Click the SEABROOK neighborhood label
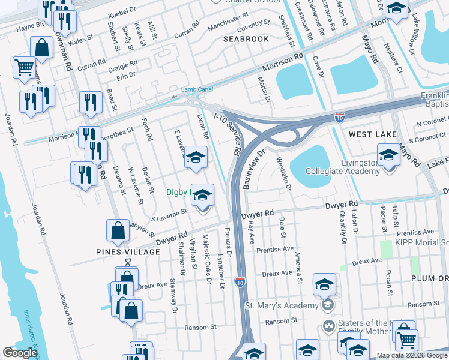[x=246, y=38]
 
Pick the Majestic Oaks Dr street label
[x=206, y=256]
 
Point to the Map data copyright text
[x=412, y=355]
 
